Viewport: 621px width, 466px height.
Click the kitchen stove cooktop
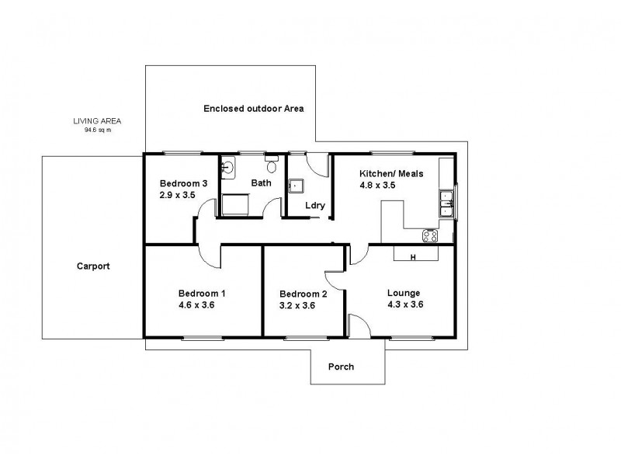(430, 235)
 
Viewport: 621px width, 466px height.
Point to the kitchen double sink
(447, 208)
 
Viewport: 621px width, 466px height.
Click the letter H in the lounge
(413, 257)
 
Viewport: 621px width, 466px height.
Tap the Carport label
(93, 266)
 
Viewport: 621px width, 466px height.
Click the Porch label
(342, 367)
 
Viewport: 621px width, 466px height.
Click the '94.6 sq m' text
(97, 130)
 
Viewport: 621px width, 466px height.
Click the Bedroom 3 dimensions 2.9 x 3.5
(178, 195)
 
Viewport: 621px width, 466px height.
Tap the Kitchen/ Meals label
(390, 174)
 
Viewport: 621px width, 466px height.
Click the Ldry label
(314, 206)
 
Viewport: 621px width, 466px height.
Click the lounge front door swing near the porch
(359, 326)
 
